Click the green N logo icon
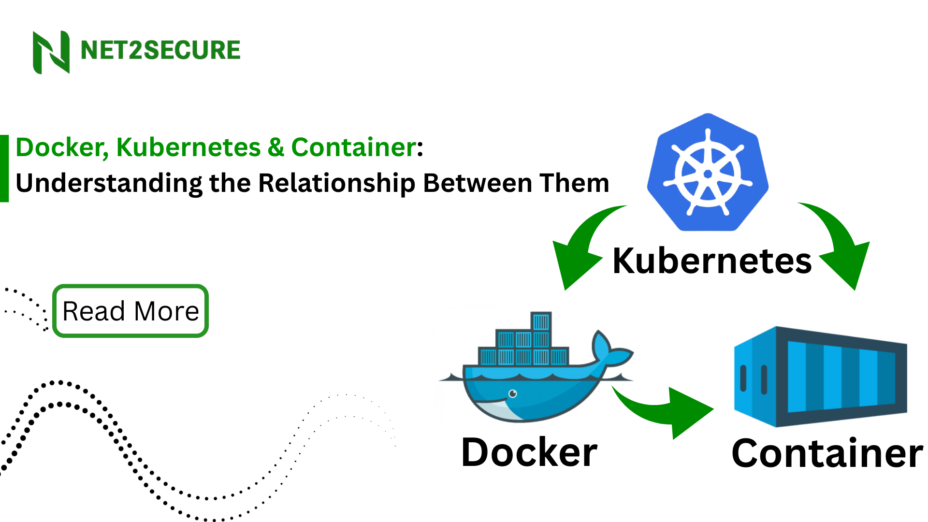(x=51, y=52)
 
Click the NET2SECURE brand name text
(x=160, y=50)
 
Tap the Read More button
(x=130, y=311)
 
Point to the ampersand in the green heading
(x=275, y=147)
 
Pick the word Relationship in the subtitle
(x=336, y=184)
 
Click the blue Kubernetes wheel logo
(x=708, y=173)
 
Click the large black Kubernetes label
(x=711, y=261)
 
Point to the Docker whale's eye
(x=513, y=393)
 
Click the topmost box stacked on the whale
(x=541, y=321)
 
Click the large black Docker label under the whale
(x=529, y=453)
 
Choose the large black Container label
(x=826, y=454)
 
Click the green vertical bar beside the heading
(x=4, y=168)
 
